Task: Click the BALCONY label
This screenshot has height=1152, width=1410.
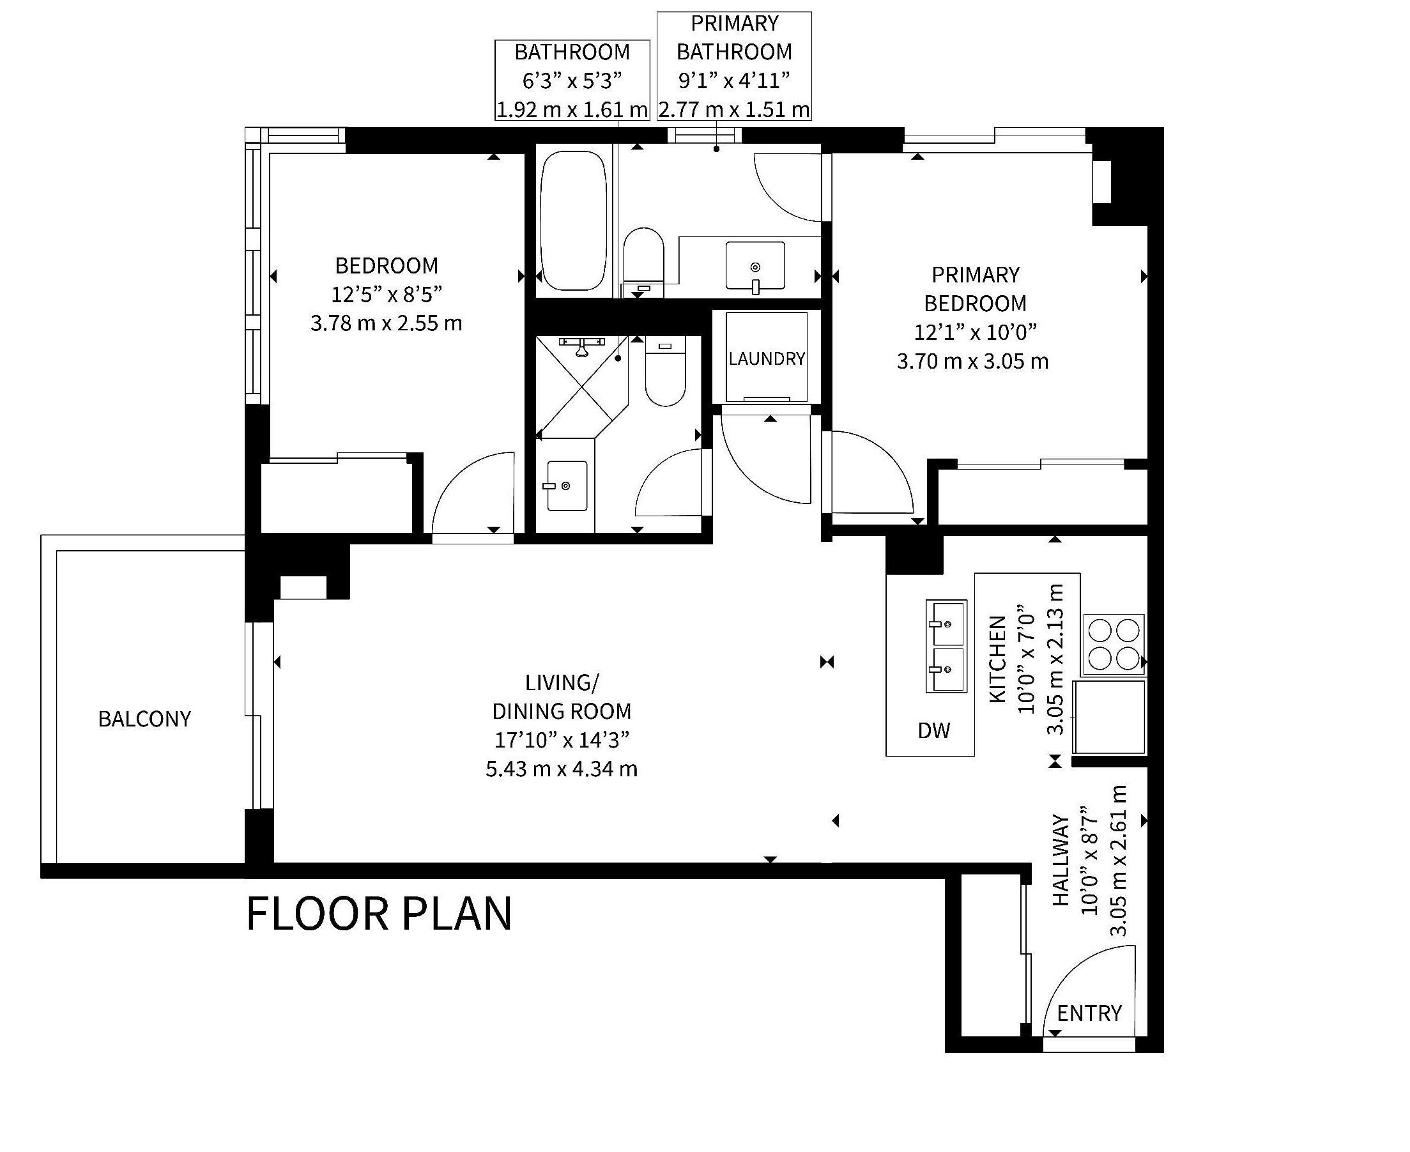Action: [144, 719]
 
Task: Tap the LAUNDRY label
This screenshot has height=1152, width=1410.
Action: [767, 358]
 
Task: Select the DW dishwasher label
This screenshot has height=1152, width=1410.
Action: [933, 730]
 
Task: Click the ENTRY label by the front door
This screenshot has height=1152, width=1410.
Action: [1089, 1013]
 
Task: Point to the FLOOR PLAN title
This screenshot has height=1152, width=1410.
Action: [379, 914]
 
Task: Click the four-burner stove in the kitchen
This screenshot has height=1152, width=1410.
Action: [1114, 643]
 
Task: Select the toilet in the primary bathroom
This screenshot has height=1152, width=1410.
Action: [643, 263]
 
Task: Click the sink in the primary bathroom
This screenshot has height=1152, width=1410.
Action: [755, 265]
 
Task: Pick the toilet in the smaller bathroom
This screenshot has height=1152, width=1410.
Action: [666, 372]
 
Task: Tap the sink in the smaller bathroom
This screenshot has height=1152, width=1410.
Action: [567, 486]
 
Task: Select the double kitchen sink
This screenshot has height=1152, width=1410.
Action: [946, 647]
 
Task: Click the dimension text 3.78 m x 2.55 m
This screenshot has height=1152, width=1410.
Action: [386, 323]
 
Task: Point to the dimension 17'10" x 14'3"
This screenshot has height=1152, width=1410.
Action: [562, 739]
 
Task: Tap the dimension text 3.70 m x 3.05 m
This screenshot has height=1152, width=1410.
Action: [973, 362]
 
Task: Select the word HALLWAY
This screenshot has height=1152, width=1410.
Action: [1061, 859]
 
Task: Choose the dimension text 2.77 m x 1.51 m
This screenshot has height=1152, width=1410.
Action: [734, 109]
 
